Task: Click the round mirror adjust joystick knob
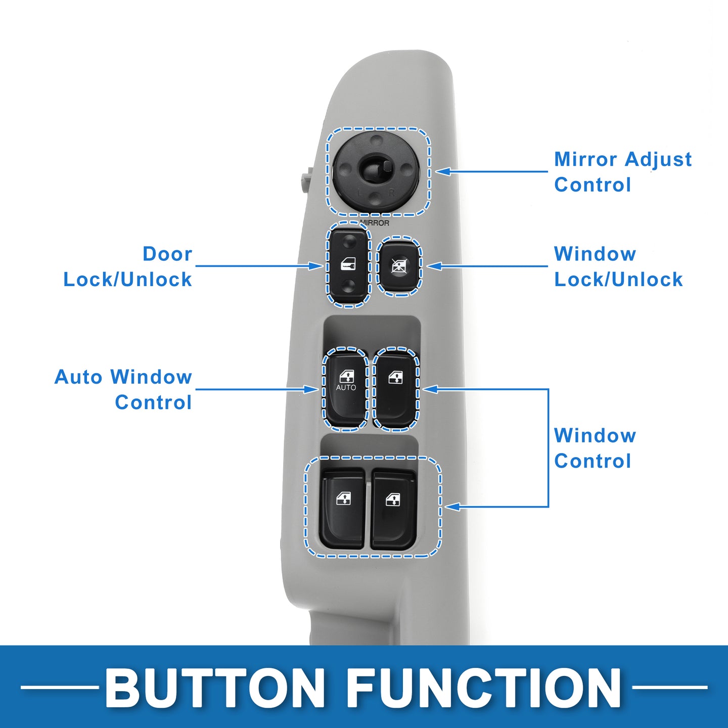pos(376,169)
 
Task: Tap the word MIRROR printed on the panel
pos(374,223)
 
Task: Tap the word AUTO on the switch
pos(346,388)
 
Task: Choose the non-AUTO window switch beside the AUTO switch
pos(395,388)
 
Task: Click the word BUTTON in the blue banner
pos(214,687)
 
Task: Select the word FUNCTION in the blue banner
pos(484,687)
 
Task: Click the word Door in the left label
pos(167,254)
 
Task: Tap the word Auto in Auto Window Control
pos(78,377)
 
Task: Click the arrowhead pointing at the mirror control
pos(442,171)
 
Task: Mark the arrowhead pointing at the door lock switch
pos(316,266)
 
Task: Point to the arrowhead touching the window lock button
pos(434,266)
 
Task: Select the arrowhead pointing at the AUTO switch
pos(311,389)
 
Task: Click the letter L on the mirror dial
pos(359,194)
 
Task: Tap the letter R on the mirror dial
pos(392,193)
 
